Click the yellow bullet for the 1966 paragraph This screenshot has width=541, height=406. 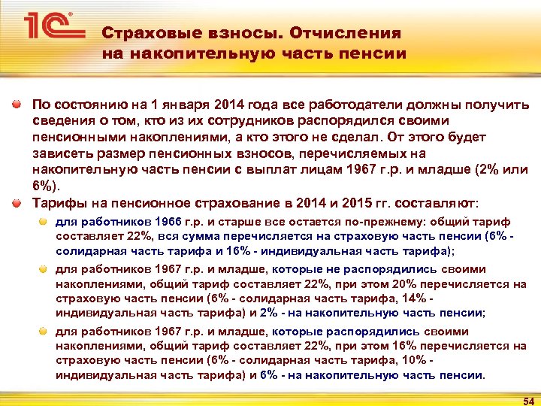[44, 222]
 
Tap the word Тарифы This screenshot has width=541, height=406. [56, 203]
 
